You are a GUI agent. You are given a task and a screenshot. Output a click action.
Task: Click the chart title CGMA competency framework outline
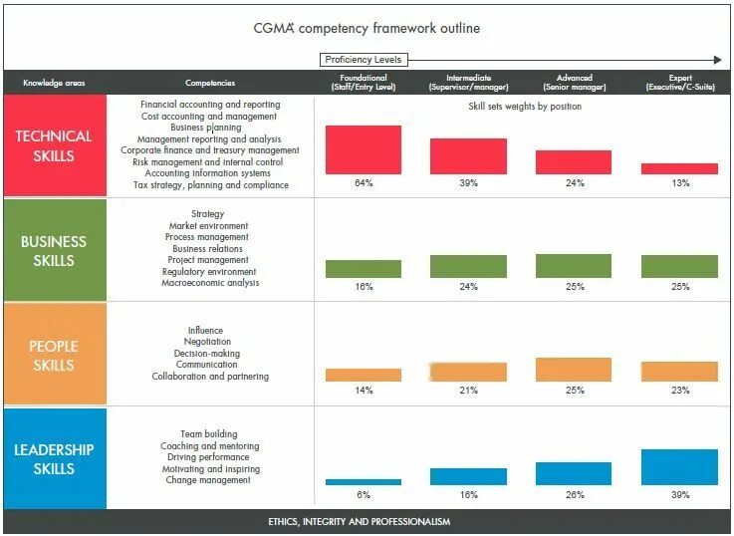tap(367, 28)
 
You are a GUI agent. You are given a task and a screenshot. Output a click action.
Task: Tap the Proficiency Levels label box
tap(363, 60)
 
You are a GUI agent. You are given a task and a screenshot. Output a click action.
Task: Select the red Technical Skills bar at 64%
tap(363, 149)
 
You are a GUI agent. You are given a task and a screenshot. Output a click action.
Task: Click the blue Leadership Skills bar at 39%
tap(679, 467)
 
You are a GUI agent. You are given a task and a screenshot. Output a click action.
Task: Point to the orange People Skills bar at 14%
tap(363, 375)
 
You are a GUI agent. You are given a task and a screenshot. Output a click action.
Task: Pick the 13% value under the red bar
tap(679, 183)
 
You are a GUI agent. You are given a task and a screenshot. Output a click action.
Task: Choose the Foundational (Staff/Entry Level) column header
tap(363, 83)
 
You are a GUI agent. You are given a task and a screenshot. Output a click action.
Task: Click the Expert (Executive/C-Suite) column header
tap(679, 83)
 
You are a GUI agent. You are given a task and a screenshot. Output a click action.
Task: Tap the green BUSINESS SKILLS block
tap(54, 251)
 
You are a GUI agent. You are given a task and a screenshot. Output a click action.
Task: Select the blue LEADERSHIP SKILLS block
tap(54, 459)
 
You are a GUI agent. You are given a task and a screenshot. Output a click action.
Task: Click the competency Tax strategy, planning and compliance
tap(211, 185)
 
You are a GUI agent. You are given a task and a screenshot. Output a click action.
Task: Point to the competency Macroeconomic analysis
tap(210, 283)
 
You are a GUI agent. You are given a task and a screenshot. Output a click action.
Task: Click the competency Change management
tap(208, 480)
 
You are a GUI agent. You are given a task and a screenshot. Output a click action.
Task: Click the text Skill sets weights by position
tap(525, 107)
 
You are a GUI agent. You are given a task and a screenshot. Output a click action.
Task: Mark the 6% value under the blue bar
tap(363, 494)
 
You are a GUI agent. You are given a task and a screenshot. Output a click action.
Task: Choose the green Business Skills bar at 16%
tap(363, 269)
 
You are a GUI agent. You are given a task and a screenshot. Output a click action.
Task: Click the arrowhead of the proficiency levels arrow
tap(717, 60)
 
